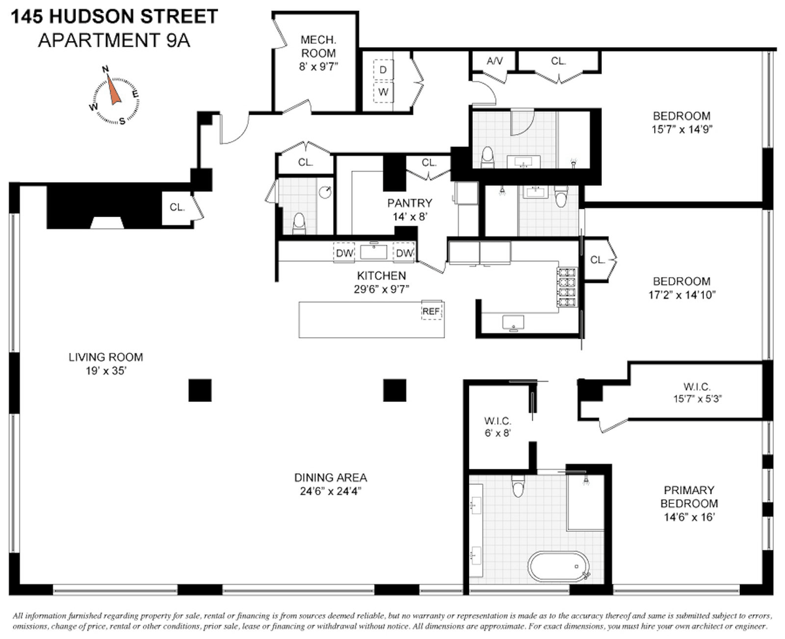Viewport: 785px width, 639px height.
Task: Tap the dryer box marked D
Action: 383,69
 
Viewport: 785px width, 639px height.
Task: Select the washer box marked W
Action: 383,92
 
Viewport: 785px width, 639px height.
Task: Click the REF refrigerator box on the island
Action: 432,310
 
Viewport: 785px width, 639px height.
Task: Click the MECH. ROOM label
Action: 319,46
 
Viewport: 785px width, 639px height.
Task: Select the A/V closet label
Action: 494,61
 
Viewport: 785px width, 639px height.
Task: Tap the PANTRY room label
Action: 410,203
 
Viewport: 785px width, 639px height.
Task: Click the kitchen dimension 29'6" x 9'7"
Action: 381,289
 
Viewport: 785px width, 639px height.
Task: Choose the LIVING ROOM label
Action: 106,357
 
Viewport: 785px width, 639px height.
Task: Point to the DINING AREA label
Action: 330,478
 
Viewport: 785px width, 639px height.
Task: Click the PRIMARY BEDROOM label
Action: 689,497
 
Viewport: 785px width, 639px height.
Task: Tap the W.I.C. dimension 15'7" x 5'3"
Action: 697,399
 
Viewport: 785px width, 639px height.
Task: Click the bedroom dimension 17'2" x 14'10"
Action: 682,295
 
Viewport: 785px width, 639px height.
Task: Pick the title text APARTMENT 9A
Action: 114,40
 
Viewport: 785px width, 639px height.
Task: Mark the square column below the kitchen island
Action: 394,390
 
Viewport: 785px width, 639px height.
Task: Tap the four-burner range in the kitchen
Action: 567,287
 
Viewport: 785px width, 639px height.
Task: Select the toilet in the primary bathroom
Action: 518,486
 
